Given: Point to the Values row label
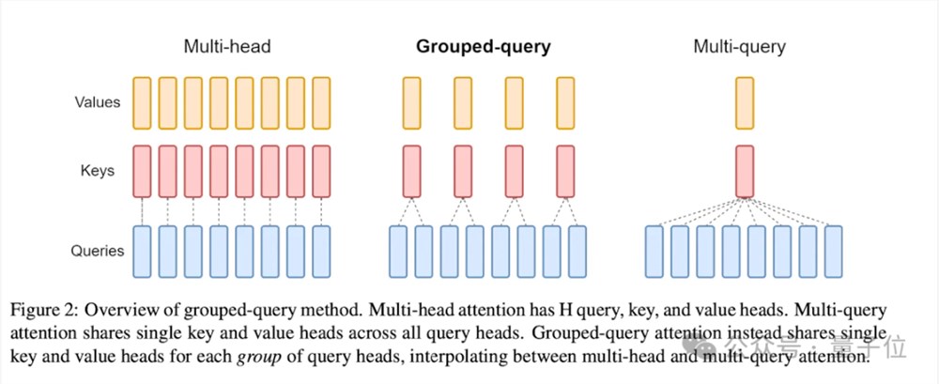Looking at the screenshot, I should click(x=98, y=100).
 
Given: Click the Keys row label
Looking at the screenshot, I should click(x=98, y=170).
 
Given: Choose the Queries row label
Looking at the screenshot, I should click(x=98, y=251).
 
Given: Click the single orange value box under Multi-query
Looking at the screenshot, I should click(x=745, y=100).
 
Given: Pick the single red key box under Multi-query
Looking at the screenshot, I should click(x=745, y=170).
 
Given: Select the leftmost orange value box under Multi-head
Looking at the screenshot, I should click(x=142, y=100).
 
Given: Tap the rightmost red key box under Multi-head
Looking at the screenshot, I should click(x=321, y=170).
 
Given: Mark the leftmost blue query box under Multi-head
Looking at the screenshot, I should click(x=142, y=251).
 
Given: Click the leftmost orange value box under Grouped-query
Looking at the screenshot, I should click(x=411, y=100).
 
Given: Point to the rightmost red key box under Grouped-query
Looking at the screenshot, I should click(x=564, y=170).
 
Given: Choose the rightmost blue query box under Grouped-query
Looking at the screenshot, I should click(x=577, y=251).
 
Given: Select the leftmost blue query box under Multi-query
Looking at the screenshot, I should click(x=655, y=251).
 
